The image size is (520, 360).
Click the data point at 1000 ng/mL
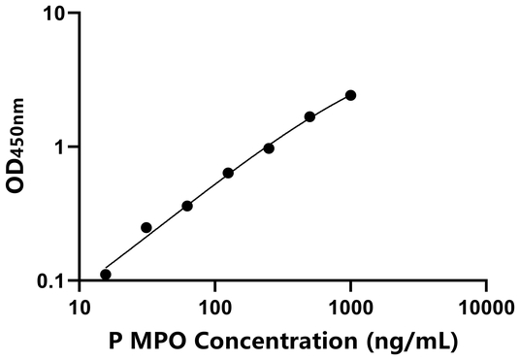350,95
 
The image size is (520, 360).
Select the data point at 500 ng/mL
309,116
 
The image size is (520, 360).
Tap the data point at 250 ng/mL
269,148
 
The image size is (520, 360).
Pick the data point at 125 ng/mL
228,173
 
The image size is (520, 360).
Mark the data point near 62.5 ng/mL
187,206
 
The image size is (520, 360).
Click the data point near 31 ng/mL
146,227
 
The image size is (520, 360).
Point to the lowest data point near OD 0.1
106,275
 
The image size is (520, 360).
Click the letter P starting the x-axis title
116,341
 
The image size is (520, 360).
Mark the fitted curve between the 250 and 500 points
289,131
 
